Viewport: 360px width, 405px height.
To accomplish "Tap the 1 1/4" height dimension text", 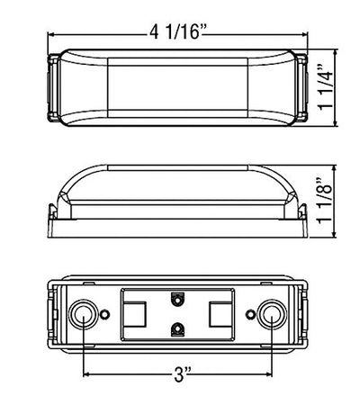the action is pyautogui.click(x=326, y=87).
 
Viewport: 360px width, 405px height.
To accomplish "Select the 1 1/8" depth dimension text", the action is pyautogui.click(x=325, y=201).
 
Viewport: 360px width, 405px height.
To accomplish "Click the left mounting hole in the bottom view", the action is pyautogui.click(x=83, y=314).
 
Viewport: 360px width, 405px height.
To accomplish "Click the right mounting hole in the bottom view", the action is pyautogui.click(x=273, y=314).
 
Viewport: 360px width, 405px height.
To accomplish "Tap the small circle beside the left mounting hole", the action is pyautogui.click(x=104, y=314).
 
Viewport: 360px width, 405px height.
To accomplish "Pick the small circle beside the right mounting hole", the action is pyautogui.click(x=250, y=314).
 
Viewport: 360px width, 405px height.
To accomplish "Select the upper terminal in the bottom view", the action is pyautogui.click(x=178, y=299).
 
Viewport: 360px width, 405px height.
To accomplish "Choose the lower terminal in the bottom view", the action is pyautogui.click(x=178, y=328).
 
